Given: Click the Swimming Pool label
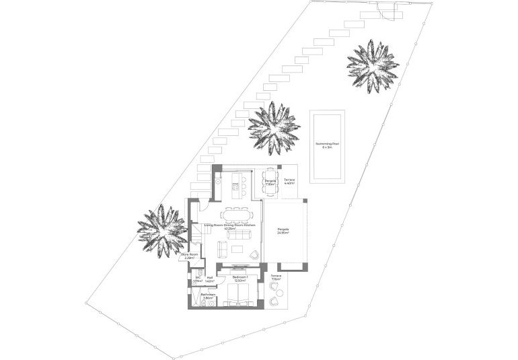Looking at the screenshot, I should click(327, 145).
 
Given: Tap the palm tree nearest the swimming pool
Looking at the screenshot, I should click(274, 128).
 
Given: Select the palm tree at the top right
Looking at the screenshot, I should click(372, 65).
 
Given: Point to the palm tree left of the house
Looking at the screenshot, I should click(161, 231).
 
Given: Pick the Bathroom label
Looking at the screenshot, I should click(207, 295).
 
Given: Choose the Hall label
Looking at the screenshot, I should click(210, 279).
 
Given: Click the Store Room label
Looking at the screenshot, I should click(189, 256).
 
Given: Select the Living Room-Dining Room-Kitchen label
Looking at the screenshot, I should click(232, 227).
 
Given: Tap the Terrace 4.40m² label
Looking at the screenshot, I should click(290, 181).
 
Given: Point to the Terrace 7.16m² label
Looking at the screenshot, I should click(276, 277).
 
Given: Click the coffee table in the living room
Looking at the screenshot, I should click(236, 249).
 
